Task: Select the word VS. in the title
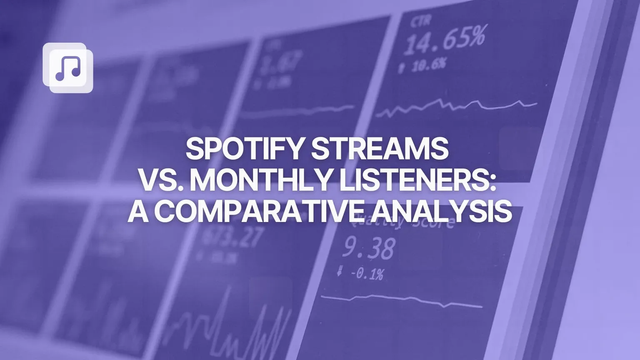160,180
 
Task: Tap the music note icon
68,68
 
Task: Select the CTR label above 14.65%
420,21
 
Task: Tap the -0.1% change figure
367,274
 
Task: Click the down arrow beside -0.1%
340,271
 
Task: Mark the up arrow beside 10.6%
401,67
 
